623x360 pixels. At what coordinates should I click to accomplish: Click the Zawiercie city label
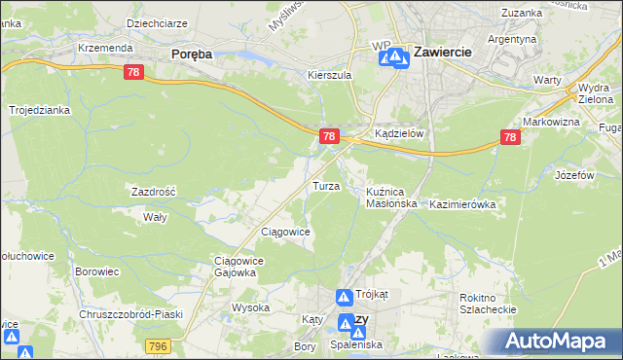tap(444, 52)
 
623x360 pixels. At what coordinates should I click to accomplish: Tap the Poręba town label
tap(192, 54)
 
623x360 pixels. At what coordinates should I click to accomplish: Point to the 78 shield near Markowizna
tap(511, 138)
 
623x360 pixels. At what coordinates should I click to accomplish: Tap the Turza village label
tap(325, 185)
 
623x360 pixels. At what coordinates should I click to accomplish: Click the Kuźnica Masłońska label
tap(391, 198)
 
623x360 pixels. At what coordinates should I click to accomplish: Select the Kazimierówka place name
tap(462, 205)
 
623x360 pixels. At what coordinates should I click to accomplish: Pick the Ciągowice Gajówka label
tap(235, 267)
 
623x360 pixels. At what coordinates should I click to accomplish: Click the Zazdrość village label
tap(153, 192)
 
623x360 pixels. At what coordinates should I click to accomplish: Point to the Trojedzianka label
tap(40, 110)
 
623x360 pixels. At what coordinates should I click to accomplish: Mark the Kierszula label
tap(328, 74)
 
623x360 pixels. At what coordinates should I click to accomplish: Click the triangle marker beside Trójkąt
tap(345, 297)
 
